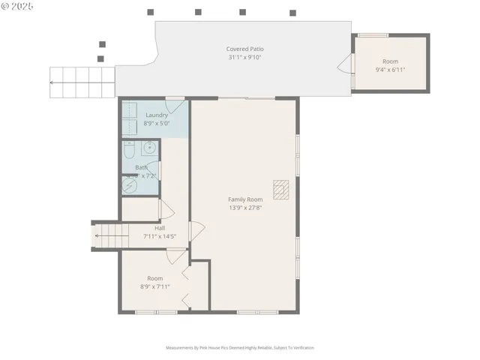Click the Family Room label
click(245, 199)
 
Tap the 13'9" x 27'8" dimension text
click(245, 208)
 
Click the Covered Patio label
click(245, 49)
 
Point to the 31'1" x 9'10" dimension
click(245, 58)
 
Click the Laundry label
click(157, 115)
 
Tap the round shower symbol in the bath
click(128, 184)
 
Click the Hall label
click(160, 228)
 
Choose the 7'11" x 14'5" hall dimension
click(160, 236)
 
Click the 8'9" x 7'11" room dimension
click(154, 286)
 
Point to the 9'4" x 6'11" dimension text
click(391, 70)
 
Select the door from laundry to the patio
click(174, 103)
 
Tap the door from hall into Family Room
click(196, 231)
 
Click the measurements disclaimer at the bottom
click(240, 348)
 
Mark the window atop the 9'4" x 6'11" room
click(372, 35)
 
